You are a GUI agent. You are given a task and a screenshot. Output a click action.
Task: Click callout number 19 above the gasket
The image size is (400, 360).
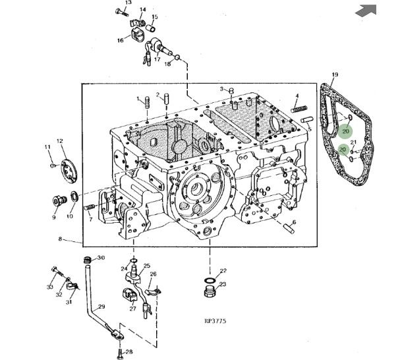[335, 75]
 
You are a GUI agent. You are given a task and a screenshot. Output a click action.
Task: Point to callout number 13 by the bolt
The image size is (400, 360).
[128, 3]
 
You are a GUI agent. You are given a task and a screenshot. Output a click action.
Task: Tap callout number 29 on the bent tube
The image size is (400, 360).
[101, 307]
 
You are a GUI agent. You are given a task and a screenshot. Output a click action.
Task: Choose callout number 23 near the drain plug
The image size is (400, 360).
[222, 285]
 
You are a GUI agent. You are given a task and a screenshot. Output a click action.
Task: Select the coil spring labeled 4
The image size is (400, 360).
[300, 108]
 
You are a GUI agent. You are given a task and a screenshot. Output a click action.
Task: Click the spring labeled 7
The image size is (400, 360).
[90, 208]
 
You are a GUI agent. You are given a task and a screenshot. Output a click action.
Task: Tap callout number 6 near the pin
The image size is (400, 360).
[293, 222]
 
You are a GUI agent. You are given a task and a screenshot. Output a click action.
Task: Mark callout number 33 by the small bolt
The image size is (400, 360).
[49, 287]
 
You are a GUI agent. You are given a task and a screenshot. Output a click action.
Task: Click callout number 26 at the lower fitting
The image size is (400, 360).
[153, 274]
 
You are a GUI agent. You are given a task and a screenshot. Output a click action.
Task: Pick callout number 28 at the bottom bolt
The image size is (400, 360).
[129, 351]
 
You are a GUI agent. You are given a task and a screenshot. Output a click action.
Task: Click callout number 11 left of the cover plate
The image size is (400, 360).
[47, 146]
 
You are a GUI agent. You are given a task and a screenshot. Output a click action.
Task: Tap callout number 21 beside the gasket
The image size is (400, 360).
[353, 143]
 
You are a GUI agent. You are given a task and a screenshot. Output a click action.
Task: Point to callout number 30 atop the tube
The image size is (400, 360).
[101, 258]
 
